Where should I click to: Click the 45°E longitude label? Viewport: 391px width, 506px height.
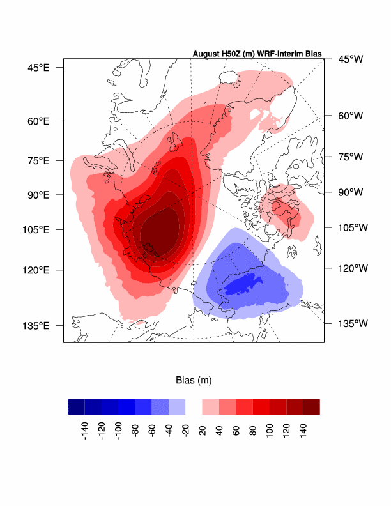(x=38, y=67)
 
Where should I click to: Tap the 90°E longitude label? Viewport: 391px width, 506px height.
(x=38, y=194)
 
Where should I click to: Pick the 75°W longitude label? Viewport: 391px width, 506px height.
(x=350, y=157)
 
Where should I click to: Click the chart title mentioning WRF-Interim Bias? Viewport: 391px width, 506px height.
(x=257, y=53)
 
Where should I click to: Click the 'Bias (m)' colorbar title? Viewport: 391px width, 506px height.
(x=194, y=380)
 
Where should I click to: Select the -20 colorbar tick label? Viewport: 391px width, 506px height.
(x=185, y=431)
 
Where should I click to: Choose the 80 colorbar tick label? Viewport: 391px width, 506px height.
(x=253, y=431)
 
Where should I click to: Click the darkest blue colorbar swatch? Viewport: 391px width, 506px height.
(x=76, y=406)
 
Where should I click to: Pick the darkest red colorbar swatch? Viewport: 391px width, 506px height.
(x=311, y=406)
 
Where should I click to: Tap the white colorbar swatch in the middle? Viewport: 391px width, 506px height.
(x=194, y=406)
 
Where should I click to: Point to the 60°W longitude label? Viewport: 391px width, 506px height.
(x=350, y=116)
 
